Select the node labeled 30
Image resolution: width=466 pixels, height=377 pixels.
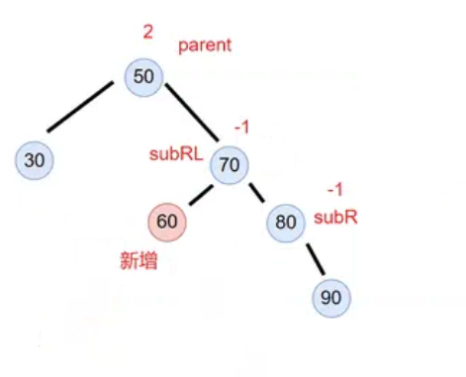[x=35, y=159]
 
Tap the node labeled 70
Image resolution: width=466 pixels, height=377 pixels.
[x=229, y=166]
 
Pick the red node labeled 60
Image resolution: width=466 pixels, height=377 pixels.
[x=167, y=222]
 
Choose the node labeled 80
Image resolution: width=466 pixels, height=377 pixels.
[x=285, y=223]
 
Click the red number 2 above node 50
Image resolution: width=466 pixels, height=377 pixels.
[x=147, y=33]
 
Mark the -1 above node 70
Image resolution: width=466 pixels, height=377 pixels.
[x=241, y=129]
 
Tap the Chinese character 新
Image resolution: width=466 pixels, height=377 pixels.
[x=130, y=261]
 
